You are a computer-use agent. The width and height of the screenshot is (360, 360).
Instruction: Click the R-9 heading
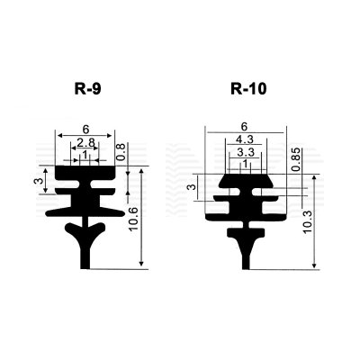[x=87, y=89]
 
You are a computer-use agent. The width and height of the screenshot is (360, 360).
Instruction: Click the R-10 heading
[x=248, y=89]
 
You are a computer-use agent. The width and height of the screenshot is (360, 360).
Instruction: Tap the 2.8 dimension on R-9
[x=85, y=143]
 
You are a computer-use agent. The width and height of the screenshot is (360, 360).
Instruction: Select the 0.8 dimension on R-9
[x=121, y=151]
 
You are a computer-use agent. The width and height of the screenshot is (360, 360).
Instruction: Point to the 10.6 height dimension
[x=133, y=219]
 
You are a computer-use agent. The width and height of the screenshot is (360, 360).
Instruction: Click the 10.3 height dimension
[x=308, y=222]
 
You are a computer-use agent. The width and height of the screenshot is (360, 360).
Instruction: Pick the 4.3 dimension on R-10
[x=245, y=139]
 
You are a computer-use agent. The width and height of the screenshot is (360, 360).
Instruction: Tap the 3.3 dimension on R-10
[x=246, y=152]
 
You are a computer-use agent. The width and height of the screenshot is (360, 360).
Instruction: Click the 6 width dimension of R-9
[x=86, y=130]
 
